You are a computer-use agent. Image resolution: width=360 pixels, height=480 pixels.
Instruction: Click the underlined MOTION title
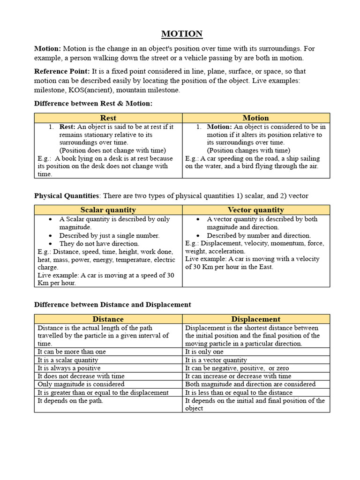(182, 34)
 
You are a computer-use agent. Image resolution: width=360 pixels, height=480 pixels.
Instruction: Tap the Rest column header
(108, 118)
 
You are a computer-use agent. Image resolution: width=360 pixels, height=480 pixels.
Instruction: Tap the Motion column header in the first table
(255, 118)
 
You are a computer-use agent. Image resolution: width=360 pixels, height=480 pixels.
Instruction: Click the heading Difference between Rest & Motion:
(93, 103)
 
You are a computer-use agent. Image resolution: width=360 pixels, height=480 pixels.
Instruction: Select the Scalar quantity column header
(108, 210)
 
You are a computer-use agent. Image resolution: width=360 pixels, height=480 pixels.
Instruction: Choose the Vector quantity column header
(255, 210)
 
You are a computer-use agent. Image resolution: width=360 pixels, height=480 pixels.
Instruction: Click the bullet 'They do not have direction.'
(99, 244)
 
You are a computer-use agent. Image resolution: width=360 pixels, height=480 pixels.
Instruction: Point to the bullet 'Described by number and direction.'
(259, 235)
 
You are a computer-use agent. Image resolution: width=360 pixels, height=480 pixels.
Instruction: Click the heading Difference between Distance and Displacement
(112, 305)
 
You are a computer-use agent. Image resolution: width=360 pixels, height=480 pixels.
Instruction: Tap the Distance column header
(108, 319)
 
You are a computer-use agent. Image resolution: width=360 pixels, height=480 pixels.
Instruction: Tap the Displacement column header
(255, 319)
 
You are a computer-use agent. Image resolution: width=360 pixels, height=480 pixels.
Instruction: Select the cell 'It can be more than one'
(72, 352)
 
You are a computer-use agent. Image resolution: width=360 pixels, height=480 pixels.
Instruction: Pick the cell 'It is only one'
(204, 352)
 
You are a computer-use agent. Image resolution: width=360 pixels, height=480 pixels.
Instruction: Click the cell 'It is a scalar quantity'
(68, 360)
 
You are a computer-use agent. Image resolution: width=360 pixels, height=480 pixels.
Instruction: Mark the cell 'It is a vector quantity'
(216, 360)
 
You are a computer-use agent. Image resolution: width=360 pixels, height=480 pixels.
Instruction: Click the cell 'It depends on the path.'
(70, 401)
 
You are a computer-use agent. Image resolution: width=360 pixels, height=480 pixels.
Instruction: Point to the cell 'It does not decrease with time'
(81, 376)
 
